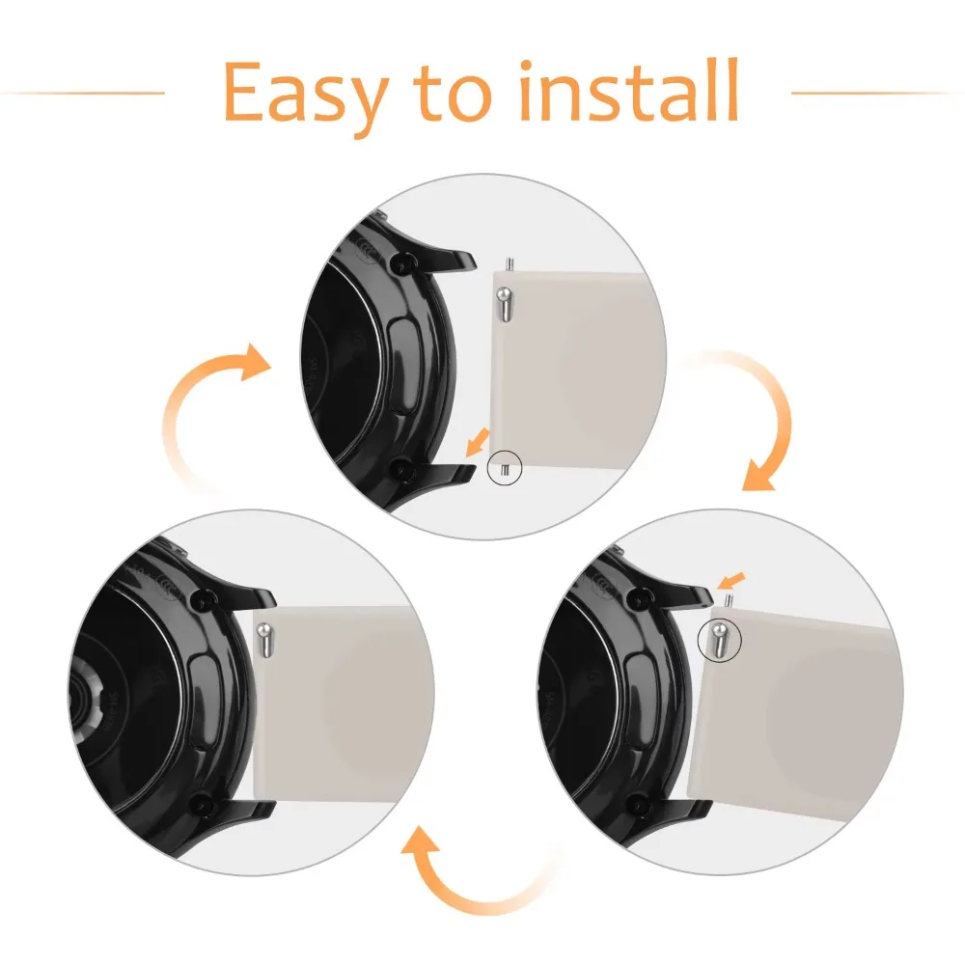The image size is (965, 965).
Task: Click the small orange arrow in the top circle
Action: (478, 443)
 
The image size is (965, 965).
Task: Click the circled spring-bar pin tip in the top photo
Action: (505, 469)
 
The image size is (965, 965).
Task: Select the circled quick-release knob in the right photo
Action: (720, 638)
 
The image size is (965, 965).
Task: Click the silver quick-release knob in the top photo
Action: (504, 304)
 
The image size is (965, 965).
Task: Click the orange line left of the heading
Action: (82, 94)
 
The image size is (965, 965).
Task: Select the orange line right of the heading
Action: (877, 94)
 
